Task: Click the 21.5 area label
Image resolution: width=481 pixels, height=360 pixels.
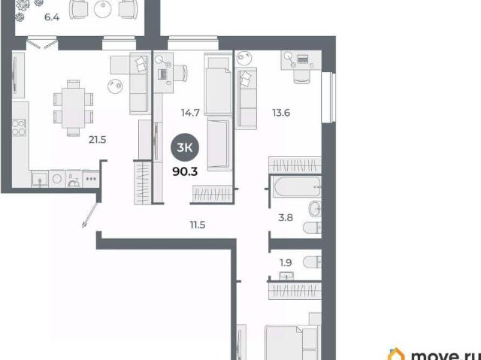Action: (97, 140)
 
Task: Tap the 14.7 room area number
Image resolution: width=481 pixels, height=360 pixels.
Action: (190, 113)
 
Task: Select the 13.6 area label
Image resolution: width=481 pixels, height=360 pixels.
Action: (281, 113)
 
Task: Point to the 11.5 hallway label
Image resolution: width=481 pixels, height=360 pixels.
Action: (198, 225)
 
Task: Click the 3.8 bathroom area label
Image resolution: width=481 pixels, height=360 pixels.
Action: (286, 218)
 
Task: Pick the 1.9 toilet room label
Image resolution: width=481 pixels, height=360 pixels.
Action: (286, 263)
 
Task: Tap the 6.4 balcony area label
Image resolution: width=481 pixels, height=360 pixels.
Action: (52, 17)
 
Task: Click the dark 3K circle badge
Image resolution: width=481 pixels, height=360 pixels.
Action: (185, 148)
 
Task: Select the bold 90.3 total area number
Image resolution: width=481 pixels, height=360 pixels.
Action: (185, 172)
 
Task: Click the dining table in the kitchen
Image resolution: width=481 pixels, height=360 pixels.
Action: (74, 108)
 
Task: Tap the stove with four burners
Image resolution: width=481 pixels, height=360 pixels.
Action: (19, 128)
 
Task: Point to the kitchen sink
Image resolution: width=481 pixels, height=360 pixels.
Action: (40, 178)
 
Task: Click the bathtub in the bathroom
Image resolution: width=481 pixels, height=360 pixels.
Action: (297, 186)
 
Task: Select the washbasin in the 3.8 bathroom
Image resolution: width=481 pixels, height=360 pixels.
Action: (315, 209)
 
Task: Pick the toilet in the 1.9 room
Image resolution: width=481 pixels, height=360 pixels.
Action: (313, 262)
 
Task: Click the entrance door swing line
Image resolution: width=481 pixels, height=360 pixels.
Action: (90, 215)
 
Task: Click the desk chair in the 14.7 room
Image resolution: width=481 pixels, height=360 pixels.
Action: (181, 74)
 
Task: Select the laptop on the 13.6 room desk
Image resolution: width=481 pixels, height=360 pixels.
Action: (303, 59)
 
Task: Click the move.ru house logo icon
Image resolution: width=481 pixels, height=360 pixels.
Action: (396, 354)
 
